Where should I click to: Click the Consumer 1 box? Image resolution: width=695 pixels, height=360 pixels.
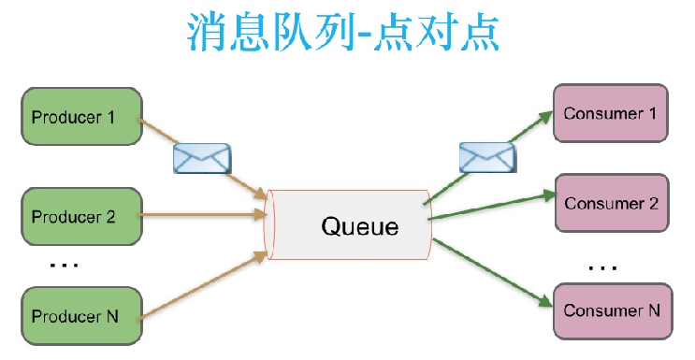click(612, 113)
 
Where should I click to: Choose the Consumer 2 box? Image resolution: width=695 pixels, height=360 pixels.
click(612, 202)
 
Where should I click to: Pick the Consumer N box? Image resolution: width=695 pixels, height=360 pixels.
click(612, 309)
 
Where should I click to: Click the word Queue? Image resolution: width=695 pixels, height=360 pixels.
click(359, 225)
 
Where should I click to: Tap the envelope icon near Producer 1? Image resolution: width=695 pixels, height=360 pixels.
click(202, 158)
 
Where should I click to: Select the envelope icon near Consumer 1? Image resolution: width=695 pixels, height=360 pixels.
click(486, 156)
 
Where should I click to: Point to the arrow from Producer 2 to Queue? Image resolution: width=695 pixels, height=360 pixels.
click(201, 215)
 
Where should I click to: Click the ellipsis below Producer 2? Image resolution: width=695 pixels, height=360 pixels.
click(64, 266)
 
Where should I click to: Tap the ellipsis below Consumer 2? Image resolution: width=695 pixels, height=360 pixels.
click(602, 267)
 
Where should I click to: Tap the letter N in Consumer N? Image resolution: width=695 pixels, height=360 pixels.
click(654, 310)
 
